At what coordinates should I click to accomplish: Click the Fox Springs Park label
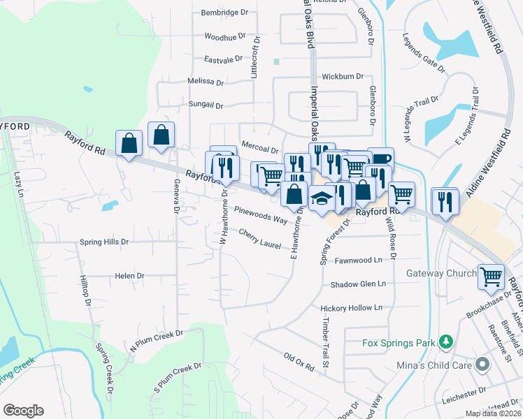399,343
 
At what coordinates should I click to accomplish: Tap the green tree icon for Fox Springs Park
444,342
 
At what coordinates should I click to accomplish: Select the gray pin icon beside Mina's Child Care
482,365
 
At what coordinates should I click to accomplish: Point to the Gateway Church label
440,273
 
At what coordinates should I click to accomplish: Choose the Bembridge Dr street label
225,13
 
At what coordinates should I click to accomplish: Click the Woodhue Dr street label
225,36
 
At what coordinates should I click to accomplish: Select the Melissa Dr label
206,82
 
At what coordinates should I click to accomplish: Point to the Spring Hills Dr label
105,242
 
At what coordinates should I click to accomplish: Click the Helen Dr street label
129,276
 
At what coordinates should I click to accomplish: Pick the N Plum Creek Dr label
156,337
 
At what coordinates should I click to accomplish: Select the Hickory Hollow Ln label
352,307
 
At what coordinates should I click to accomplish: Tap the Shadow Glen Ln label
358,284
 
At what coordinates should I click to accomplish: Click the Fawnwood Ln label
359,260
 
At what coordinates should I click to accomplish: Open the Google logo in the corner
23,411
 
